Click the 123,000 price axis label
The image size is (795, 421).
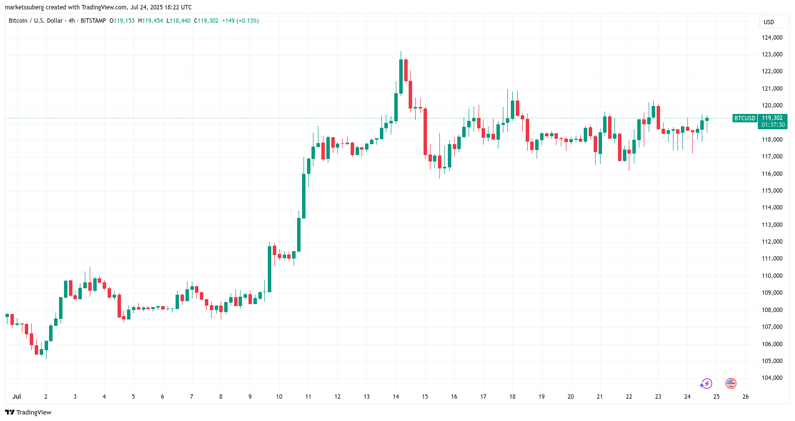tap(772, 54)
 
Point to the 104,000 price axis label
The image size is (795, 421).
tap(772, 378)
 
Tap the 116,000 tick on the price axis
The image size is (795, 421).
tap(772, 174)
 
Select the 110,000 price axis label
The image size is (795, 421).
tap(772, 276)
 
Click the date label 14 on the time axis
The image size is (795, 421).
tap(396, 397)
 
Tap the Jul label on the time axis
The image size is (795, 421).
tap(17, 397)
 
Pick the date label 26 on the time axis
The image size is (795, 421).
tap(745, 397)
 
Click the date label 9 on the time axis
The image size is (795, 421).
tap(250, 397)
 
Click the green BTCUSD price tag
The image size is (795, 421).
tap(745, 118)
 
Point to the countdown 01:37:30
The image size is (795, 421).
tap(773, 125)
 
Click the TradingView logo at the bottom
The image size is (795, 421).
tap(28, 412)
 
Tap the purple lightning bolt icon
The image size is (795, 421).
tap(706, 383)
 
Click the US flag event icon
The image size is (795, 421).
tap(731, 383)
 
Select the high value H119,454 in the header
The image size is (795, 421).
tap(151, 21)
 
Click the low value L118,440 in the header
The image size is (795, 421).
tap(179, 21)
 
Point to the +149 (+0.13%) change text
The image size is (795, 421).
tap(240, 21)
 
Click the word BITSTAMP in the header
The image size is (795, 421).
tap(93, 21)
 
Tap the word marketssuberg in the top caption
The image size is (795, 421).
tap(24, 7)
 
